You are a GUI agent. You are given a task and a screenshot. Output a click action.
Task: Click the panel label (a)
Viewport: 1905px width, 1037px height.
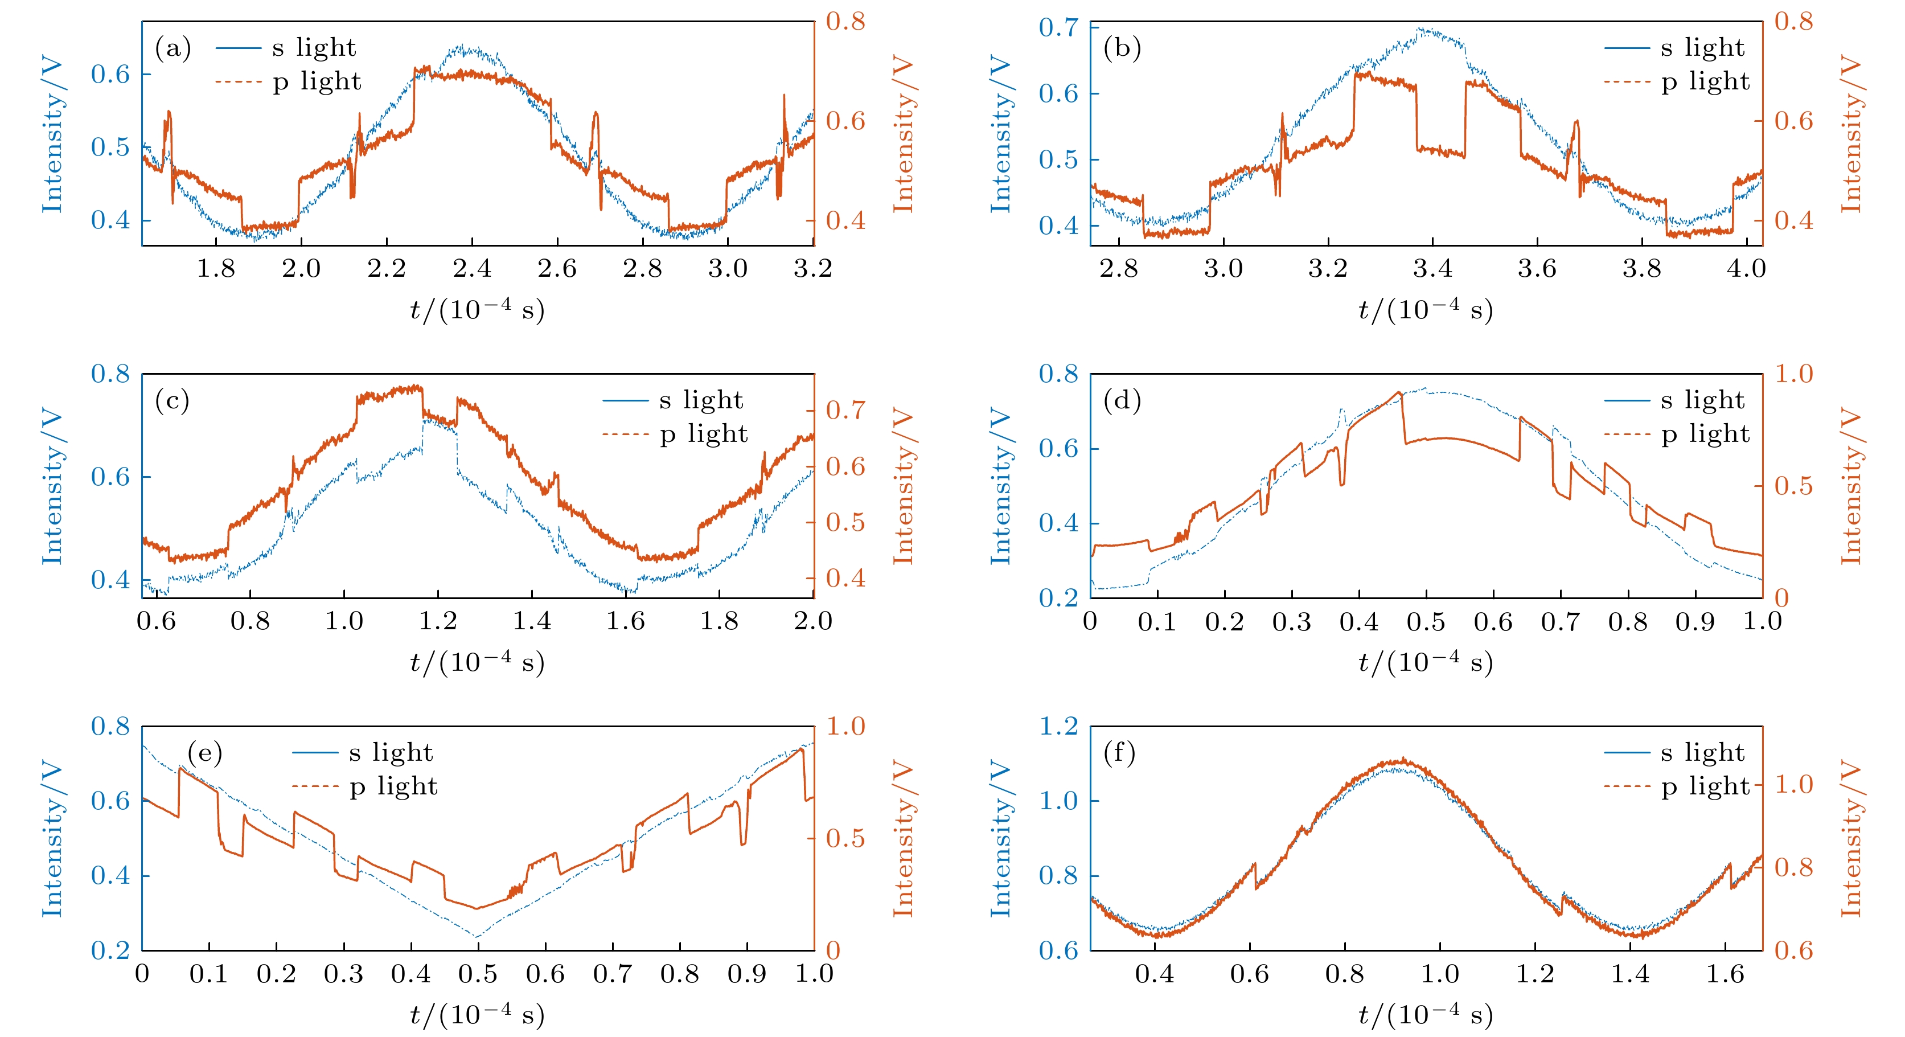click(173, 49)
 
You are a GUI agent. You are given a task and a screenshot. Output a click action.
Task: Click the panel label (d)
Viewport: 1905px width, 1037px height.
click(1122, 401)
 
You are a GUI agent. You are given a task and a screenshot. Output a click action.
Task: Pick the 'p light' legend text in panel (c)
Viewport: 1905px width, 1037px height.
click(703, 434)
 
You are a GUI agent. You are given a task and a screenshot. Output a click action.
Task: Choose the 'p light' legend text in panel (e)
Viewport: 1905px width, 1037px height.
click(393, 786)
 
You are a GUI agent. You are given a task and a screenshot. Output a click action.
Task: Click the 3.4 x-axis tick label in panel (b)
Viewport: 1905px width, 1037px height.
click(1432, 268)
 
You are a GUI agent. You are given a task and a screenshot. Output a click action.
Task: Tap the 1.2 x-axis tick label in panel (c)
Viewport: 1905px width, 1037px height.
click(438, 621)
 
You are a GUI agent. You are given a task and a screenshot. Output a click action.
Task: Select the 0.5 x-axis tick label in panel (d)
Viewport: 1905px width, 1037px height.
click(1426, 621)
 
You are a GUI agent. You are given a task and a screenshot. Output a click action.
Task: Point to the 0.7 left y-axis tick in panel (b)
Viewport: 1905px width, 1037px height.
click(1058, 28)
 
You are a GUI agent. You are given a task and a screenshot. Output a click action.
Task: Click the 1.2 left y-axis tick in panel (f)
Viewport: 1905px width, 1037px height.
click(1058, 726)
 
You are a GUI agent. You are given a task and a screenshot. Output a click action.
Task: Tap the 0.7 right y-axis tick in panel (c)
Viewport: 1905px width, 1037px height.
click(845, 410)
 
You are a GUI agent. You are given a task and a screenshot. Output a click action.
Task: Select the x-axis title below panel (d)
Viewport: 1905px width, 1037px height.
click(1425, 661)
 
